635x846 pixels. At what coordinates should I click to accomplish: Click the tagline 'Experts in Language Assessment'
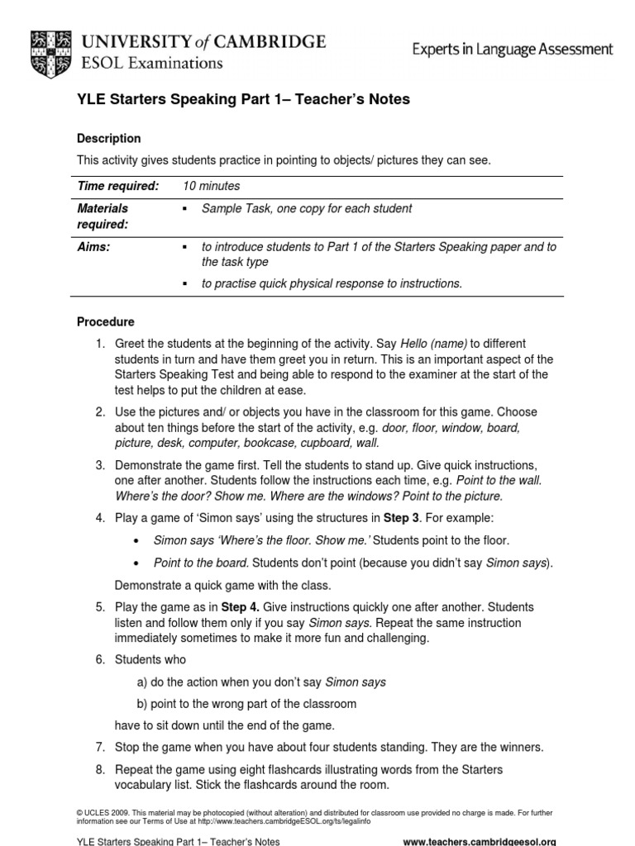coord(513,50)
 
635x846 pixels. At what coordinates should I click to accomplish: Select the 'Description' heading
coord(108,139)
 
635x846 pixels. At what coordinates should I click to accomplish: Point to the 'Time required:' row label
coord(117,187)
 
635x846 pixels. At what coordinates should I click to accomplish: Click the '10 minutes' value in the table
coord(211,187)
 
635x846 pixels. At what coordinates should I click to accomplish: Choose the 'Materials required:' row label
coord(103,216)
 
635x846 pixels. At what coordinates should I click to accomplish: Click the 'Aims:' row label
coord(93,247)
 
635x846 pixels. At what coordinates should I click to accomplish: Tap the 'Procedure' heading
coord(105,321)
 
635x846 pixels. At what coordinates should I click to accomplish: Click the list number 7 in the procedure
coord(99,748)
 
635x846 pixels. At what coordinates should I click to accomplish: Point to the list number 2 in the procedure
coord(99,411)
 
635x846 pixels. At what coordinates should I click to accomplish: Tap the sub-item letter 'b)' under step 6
coord(142,704)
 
